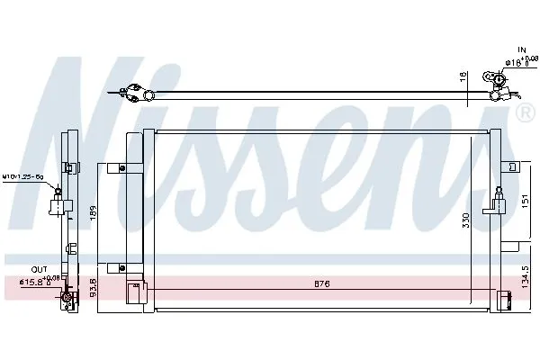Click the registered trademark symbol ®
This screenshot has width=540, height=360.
(x=524, y=114)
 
